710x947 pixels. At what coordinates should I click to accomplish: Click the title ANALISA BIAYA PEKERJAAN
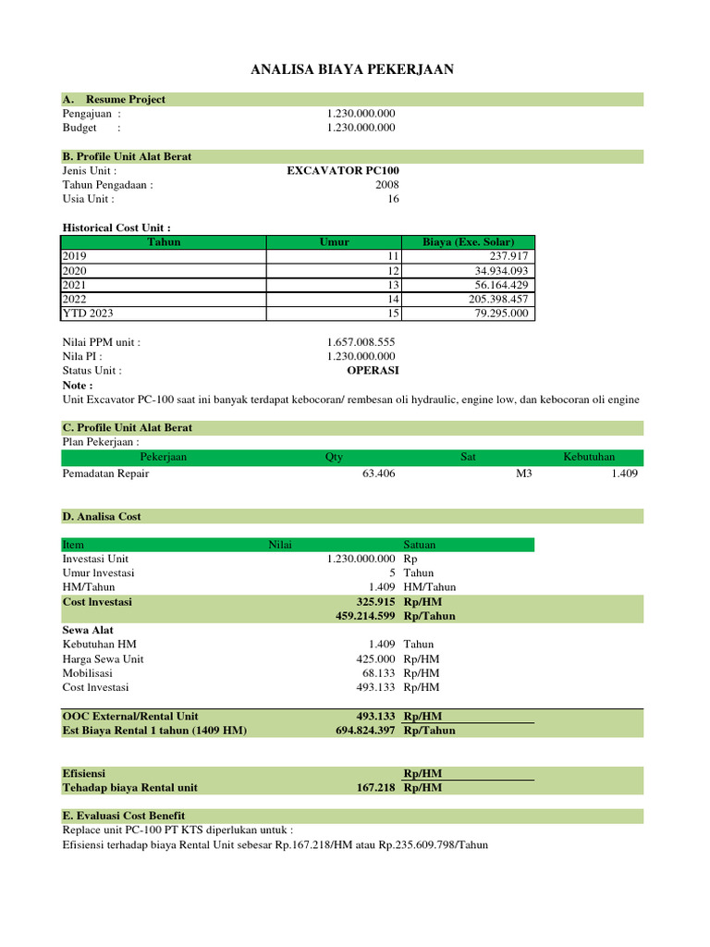click(352, 69)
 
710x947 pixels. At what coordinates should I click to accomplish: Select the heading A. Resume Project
click(114, 99)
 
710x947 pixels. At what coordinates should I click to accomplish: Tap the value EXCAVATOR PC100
click(343, 171)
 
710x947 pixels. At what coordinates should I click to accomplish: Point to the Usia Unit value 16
click(393, 199)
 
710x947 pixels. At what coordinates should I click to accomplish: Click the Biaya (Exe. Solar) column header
click(468, 242)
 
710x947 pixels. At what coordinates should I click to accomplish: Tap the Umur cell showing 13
click(393, 285)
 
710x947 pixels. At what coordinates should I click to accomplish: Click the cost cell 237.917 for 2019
click(508, 256)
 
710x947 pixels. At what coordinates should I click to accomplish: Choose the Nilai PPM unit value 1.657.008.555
click(361, 342)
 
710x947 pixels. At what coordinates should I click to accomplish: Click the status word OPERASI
click(373, 370)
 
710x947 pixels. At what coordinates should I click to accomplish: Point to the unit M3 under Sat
click(523, 473)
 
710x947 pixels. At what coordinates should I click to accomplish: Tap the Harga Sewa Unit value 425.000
click(375, 659)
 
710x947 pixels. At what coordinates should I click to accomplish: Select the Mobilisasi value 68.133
click(378, 673)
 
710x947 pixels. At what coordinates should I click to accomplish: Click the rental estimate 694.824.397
click(366, 731)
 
